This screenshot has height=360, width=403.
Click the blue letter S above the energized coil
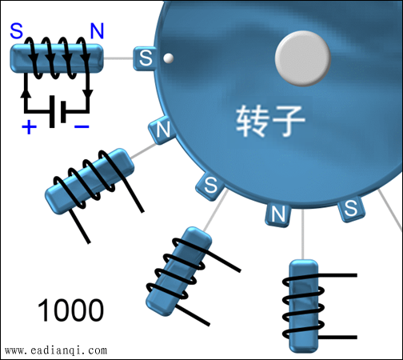(17, 30)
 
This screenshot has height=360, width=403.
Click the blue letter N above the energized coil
(97, 31)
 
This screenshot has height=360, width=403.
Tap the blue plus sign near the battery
(29, 127)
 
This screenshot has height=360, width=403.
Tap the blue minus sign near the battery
(82, 126)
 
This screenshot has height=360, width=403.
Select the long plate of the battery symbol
(52, 111)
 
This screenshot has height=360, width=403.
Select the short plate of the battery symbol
(63, 112)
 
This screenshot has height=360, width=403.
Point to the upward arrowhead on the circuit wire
(26, 94)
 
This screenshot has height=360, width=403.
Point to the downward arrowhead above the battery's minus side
(87, 94)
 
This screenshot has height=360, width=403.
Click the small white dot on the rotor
(168, 58)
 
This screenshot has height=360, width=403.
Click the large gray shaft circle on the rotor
(303, 58)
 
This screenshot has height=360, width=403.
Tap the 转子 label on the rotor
(270, 121)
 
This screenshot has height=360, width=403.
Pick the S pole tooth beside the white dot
(145, 58)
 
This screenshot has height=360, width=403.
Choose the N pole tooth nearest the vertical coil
(277, 214)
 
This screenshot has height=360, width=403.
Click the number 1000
(70, 310)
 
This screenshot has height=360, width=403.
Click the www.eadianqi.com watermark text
(56, 350)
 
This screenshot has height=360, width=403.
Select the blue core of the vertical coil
(304, 306)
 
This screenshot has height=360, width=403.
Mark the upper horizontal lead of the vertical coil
(337, 275)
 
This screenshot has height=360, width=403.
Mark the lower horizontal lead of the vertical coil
(337, 338)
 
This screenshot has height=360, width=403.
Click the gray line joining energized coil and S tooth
(118, 58)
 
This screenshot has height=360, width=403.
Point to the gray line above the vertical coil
(303, 234)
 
